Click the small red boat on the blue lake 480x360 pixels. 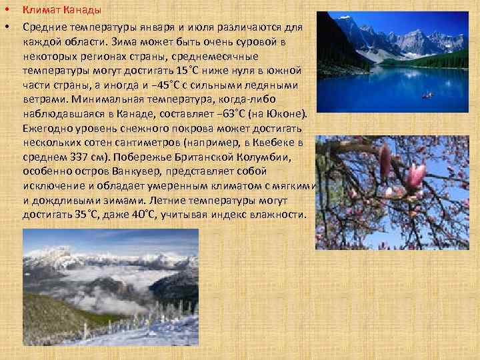coord(427,95)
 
